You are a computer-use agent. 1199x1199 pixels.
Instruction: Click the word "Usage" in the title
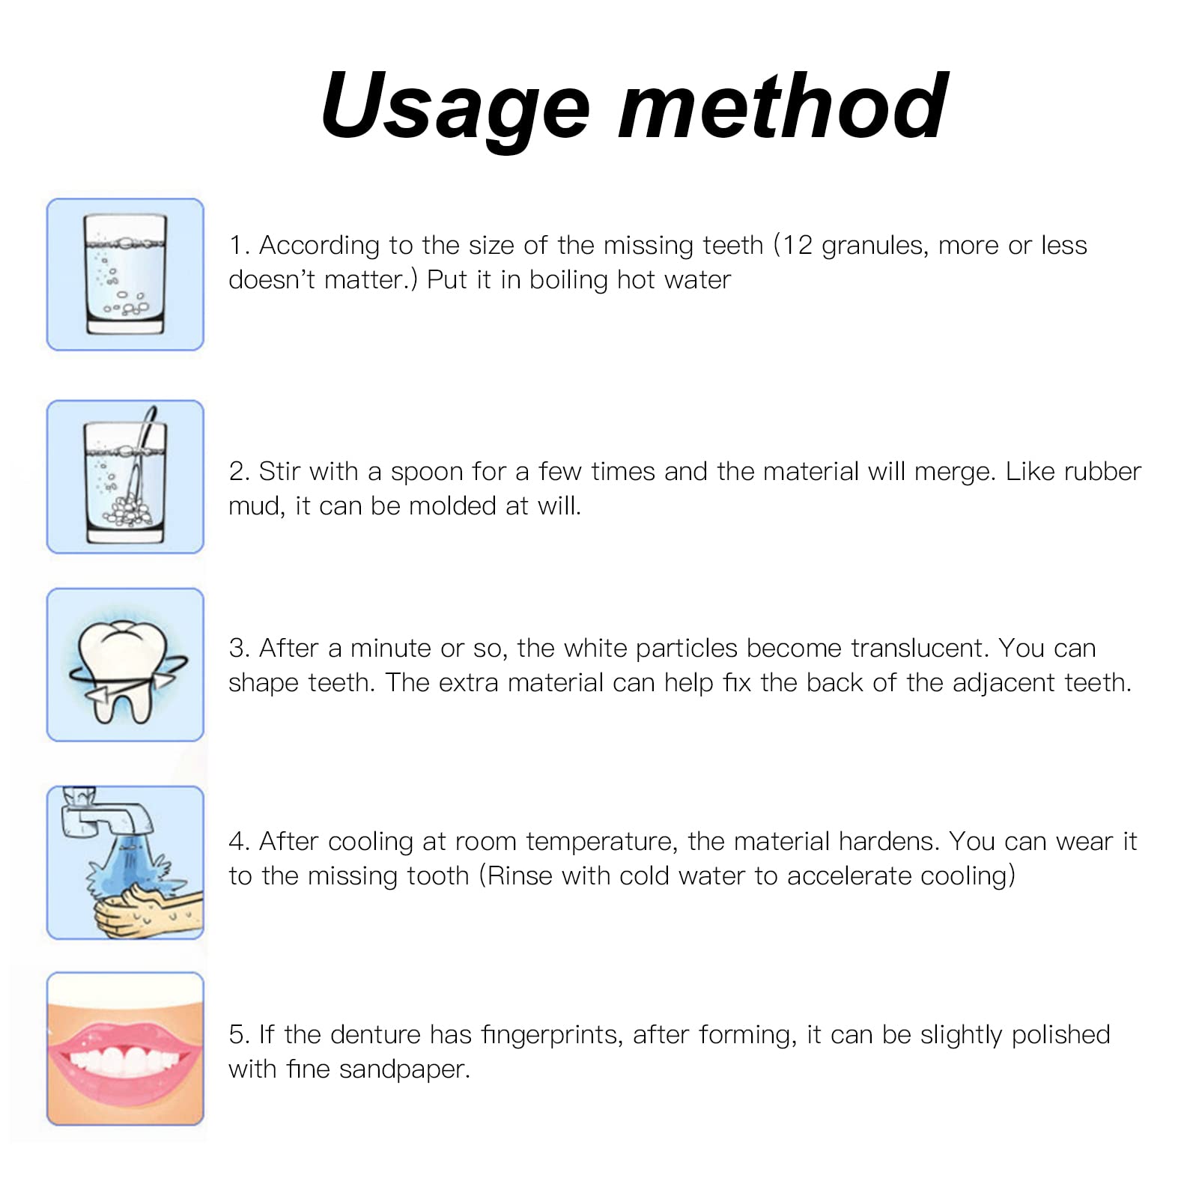456,107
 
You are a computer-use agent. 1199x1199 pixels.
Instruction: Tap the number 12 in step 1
798,245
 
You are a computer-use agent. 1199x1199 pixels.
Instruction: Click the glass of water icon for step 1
125,274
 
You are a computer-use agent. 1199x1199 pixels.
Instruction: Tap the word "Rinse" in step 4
520,876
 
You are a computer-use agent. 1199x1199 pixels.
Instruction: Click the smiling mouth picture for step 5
125,1048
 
